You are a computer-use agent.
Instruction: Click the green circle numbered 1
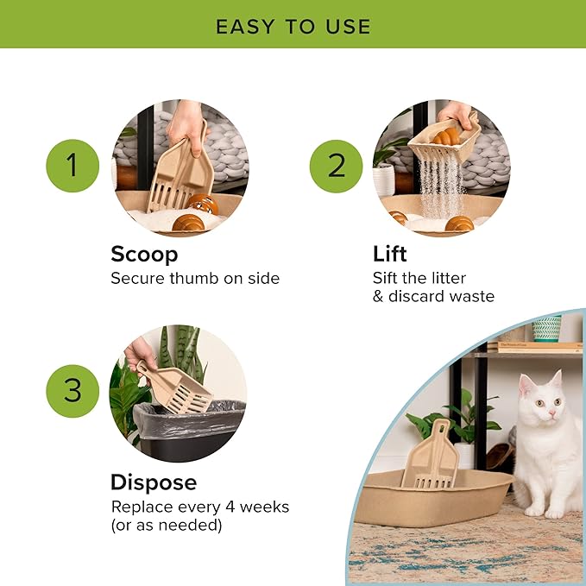72,166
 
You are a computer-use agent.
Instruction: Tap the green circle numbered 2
336,166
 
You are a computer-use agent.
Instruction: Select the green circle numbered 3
72,390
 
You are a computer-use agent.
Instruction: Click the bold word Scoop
144,255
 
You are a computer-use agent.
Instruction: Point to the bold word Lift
389,255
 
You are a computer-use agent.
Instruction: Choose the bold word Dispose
154,482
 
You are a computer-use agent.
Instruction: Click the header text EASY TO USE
293,26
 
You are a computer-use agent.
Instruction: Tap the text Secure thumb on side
195,279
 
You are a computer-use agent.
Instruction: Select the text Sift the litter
419,278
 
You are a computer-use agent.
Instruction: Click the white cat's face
540,405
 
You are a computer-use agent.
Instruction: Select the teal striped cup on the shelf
546,329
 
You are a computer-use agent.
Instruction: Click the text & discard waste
433,297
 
